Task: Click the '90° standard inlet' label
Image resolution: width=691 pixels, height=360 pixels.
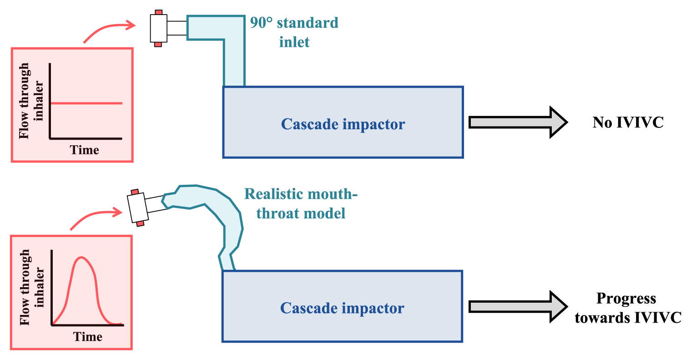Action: tap(294, 32)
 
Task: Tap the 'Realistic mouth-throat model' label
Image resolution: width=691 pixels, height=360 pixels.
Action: tap(301, 203)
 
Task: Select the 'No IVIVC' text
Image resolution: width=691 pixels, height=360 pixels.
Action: tap(628, 122)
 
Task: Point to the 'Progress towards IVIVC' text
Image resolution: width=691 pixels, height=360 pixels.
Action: tap(628, 308)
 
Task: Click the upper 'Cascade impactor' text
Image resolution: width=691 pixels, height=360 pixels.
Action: tap(343, 124)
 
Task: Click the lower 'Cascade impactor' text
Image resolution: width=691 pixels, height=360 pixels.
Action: tap(342, 308)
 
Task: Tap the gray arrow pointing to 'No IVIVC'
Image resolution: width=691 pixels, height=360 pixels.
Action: tap(518, 122)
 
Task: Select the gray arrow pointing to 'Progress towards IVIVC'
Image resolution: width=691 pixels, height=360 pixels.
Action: tap(518, 307)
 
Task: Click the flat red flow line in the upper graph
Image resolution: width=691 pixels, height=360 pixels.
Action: tap(86, 103)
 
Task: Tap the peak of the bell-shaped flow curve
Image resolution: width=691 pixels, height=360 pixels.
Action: tap(81, 257)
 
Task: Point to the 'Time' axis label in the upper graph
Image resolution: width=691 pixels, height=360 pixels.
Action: tap(84, 150)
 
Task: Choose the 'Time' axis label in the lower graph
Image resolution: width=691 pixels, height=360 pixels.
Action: tap(88, 336)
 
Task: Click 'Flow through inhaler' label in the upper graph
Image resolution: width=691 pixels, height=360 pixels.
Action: tap(31, 101)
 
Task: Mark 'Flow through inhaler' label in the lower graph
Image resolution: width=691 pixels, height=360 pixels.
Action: tap(32, 288)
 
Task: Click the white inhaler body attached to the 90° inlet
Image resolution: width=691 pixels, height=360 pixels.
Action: tap(159, 28)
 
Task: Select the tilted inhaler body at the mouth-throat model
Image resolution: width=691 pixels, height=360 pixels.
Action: tap(138, 208)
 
